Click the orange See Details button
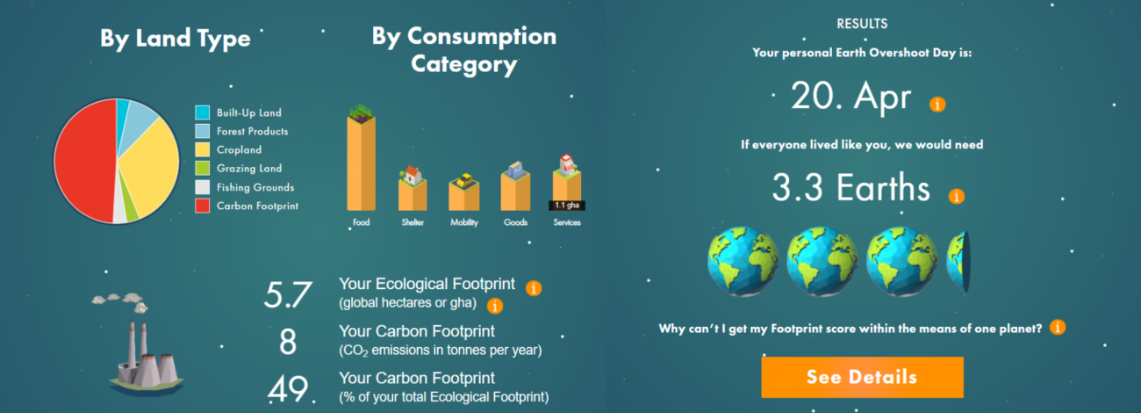[862, 377]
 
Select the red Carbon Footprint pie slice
[84, 161]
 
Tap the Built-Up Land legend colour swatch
[202, 112]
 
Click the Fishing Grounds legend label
[255, 187]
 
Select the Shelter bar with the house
[413, 189]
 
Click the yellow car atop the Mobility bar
[464, 180]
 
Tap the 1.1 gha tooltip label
[566, 206]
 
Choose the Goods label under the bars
[515, 222]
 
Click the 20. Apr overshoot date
[850, 96]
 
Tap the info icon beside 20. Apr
[937, 104]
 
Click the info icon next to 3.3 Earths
[956, 196]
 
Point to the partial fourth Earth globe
[958, 262]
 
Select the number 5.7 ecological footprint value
[288, 294]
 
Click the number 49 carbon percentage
[288, 388]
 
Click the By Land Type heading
[176, 39]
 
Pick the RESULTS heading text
[862, 24]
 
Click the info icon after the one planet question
[1058, 327]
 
